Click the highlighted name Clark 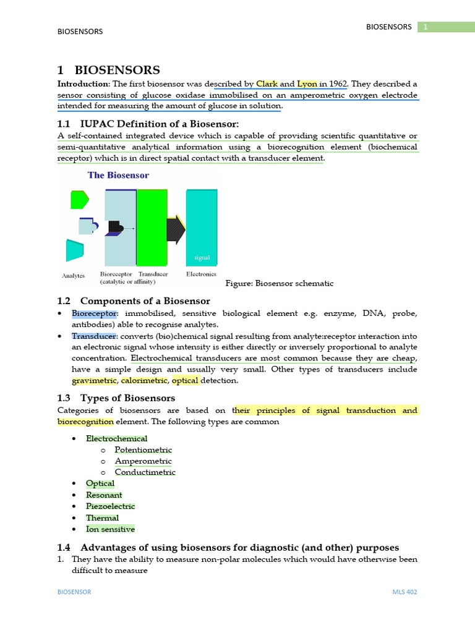click(x=267, y=83)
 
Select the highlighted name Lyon click(x=307, y=83)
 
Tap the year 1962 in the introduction click(x=338, y=83)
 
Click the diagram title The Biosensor click(x=118, y=175)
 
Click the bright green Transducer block click(x=152, y=227)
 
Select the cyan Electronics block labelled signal click(x=202, y=227)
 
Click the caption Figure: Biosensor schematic click(x=280, y=283)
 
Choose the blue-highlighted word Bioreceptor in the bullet click(x=94, y=313)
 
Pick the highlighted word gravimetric click(x=94, y=381)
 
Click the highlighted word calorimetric click(x=143, y=381)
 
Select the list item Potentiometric click(x=143, y=450)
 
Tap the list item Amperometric click(x=143, y=461)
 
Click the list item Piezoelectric click(x=110, y=506)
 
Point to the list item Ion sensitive click(x=110, y=529)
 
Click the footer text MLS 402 click(x=404, y=592)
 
